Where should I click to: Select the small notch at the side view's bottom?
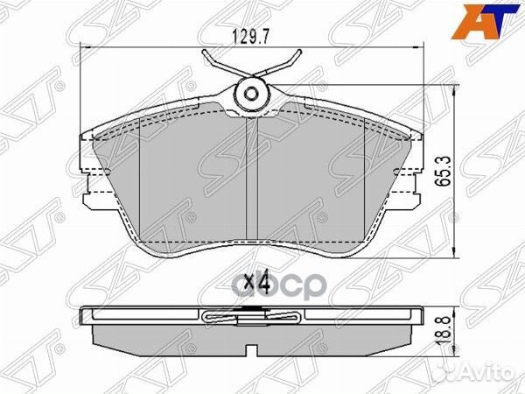253,352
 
